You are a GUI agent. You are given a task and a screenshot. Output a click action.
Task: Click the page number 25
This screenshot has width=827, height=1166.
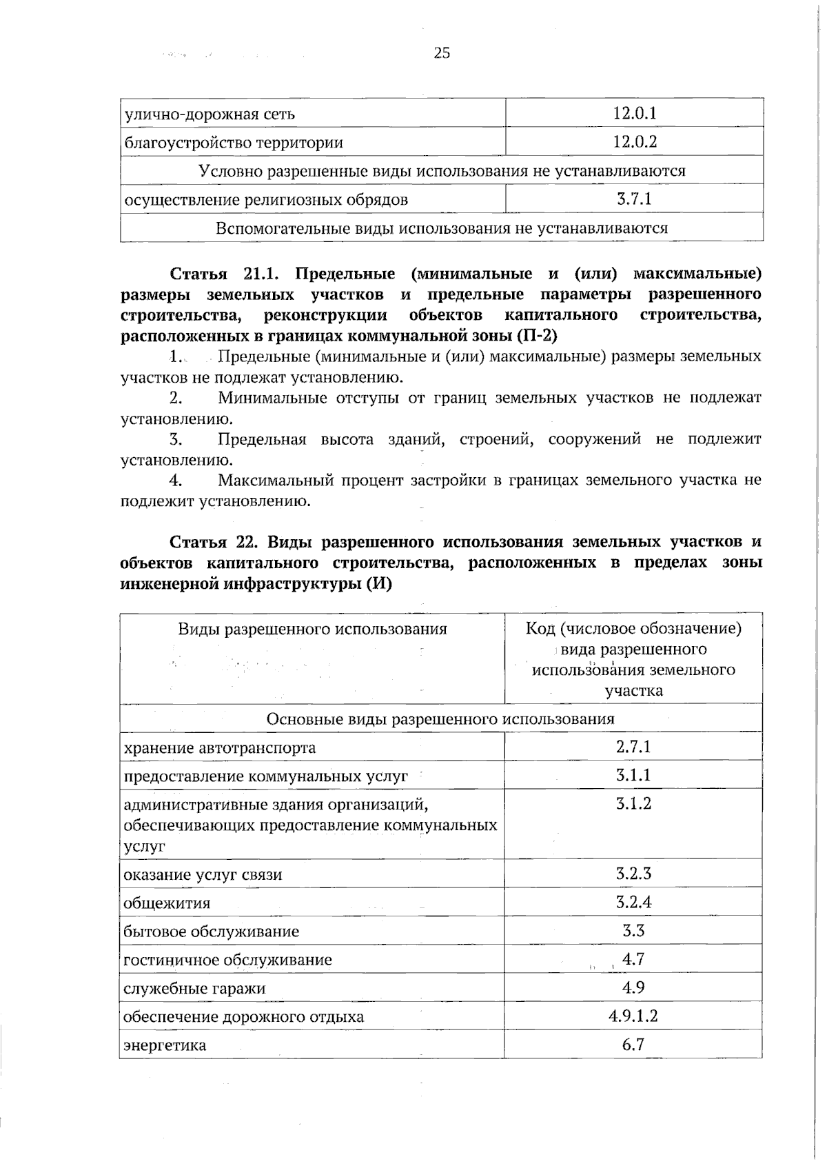(x=442, y=52)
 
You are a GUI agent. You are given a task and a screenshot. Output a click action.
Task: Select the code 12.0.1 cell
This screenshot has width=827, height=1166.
(x=634, y=113)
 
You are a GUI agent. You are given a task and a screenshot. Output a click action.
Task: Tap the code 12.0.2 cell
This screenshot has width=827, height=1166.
(x=634, y=142)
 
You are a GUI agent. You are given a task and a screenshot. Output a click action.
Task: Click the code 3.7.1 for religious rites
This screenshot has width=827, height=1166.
(x=634, y=199)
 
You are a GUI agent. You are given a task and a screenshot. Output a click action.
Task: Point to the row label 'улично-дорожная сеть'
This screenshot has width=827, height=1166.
(x=210, y=114)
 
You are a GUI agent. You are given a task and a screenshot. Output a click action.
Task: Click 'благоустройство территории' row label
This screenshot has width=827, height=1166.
(x=233, y=143)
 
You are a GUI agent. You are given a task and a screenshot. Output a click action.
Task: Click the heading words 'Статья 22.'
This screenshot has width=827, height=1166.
(x=213, y=541)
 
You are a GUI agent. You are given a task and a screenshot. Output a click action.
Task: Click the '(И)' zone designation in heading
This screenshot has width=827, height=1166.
(x=379, y=583)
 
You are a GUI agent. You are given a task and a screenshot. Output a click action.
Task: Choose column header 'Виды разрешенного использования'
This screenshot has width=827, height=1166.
(x=312, y=629)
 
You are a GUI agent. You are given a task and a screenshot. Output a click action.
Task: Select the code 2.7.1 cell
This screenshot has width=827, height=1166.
(x=633, y=746)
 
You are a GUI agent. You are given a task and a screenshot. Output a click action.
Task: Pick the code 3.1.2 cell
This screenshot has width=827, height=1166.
(x=633, y=803)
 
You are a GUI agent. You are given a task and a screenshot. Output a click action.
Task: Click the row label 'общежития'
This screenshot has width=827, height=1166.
(x=167, y=903)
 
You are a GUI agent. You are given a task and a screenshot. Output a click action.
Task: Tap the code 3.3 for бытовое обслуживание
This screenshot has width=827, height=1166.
(x=633, y=931)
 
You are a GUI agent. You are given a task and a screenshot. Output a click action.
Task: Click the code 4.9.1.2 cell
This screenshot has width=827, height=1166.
(x=633, y=1016)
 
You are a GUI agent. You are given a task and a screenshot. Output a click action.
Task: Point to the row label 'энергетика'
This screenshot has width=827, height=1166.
(x=165, y=1045)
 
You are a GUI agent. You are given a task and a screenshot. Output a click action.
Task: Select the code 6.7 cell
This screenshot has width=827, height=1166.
(x=633, y=1045)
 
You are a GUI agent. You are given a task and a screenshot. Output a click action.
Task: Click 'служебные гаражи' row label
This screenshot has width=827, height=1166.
(x=194, y=988)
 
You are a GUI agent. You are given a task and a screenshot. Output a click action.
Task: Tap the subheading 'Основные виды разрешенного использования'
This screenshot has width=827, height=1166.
(x=440, y=719)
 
